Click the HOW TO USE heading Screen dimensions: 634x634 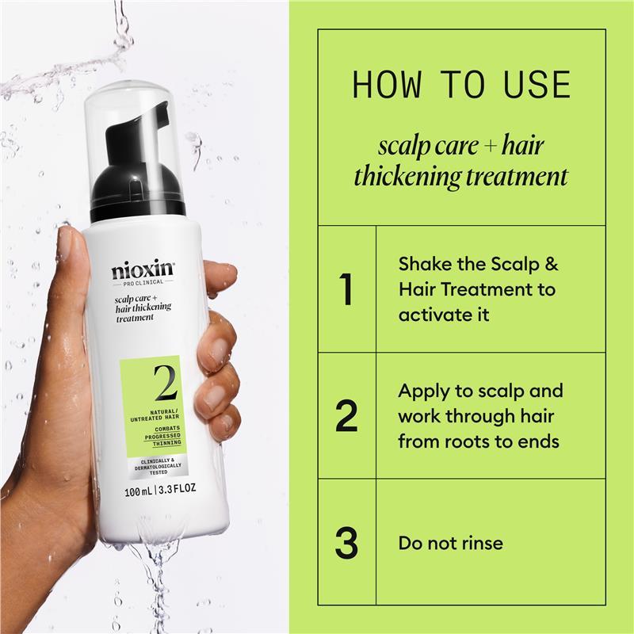click(461, 84)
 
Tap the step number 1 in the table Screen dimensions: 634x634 click(345, 289)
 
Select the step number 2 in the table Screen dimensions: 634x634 click(346, 416)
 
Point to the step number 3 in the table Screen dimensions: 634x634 click(346, 543)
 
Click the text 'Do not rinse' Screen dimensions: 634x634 click(450, 543)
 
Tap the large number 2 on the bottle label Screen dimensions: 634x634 click(165, 384)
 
